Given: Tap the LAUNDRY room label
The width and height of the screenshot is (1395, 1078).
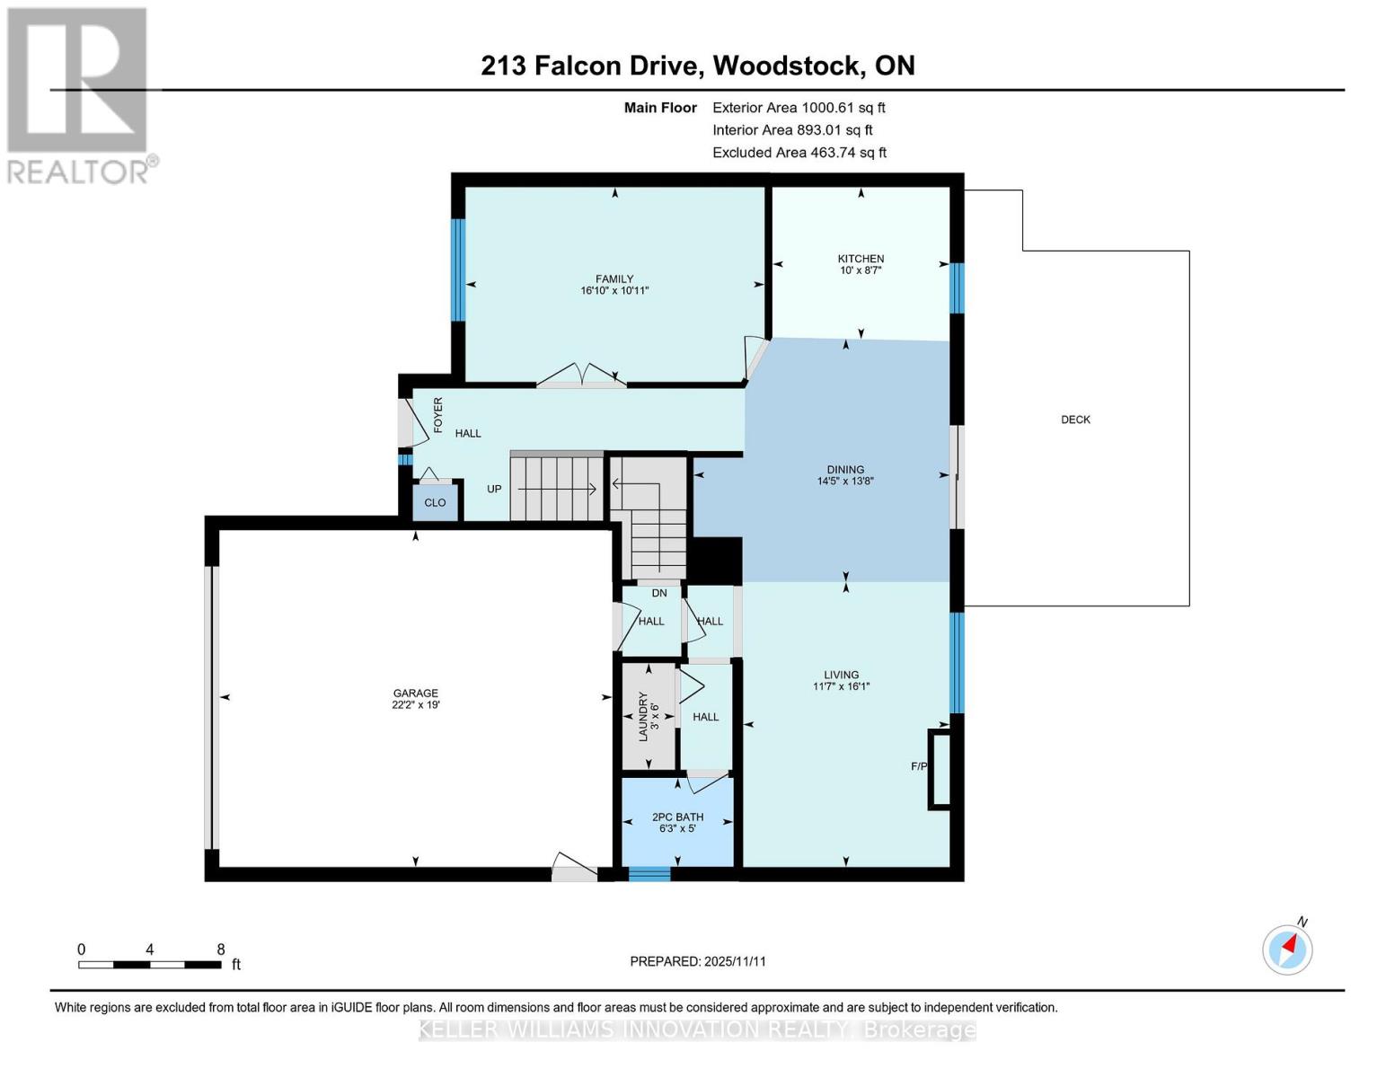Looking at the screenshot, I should click(643, 716).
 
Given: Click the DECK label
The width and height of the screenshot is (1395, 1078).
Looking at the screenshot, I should click(1075, 420).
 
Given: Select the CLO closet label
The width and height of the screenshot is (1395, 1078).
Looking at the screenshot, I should click(435, 502).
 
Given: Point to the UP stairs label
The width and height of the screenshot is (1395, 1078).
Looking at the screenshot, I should click(494, 489).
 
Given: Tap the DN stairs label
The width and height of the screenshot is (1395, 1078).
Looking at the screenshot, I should click(659, 593).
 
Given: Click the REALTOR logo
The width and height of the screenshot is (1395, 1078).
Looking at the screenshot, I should click(79, 94).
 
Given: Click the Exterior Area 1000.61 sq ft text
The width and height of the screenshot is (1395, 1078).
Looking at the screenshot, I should click(799, 107).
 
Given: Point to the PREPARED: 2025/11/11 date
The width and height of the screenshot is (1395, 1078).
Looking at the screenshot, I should click(698, 961).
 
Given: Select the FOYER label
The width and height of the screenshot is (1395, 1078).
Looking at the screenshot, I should click(438, 415).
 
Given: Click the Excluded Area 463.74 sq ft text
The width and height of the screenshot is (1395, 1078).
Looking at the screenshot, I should click(799, 153).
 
